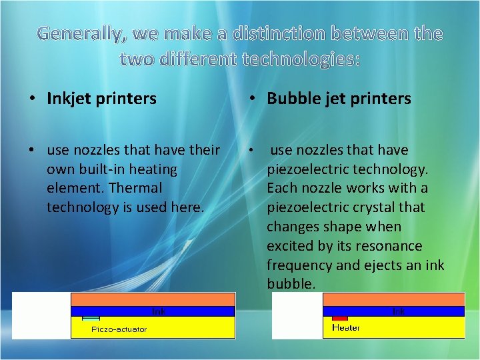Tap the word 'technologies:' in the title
(301, 60)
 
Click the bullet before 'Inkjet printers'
(32, 99)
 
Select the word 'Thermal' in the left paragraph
(138, 188)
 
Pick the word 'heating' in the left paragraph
(155, 169)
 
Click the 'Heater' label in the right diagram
(345, 328)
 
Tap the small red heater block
(340, 318)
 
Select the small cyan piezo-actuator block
(91, 318)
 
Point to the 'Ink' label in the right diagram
(399, 311)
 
